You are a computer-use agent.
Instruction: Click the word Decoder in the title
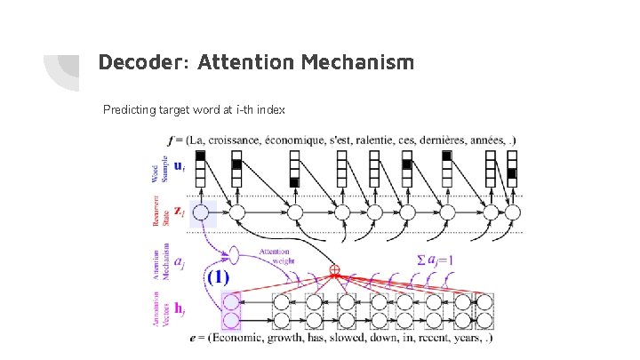click(x=134, y=63)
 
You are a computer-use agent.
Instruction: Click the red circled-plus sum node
click(x=335, y=269)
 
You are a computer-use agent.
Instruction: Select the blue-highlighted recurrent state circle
click(x=201, y=213)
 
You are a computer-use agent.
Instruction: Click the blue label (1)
click(x=218, y=276)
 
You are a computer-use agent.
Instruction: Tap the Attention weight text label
click(x=275, y=256)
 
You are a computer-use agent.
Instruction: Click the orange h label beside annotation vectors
click(x=180, y=308)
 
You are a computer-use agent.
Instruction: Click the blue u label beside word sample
click(x=179, y=165)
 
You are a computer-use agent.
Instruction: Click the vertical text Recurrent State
click(x=156, y=213)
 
